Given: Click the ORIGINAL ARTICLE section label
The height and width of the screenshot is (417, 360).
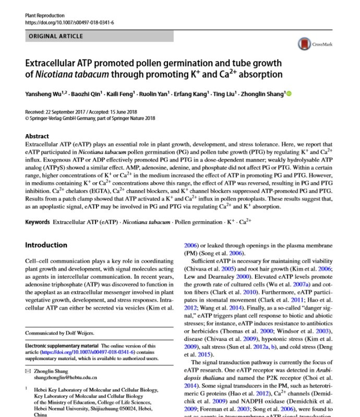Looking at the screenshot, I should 55,37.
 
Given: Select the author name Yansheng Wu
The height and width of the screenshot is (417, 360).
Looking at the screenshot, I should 43,94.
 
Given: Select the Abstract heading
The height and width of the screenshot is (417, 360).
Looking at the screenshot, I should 37,136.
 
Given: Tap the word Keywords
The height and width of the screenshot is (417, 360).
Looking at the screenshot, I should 38,222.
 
